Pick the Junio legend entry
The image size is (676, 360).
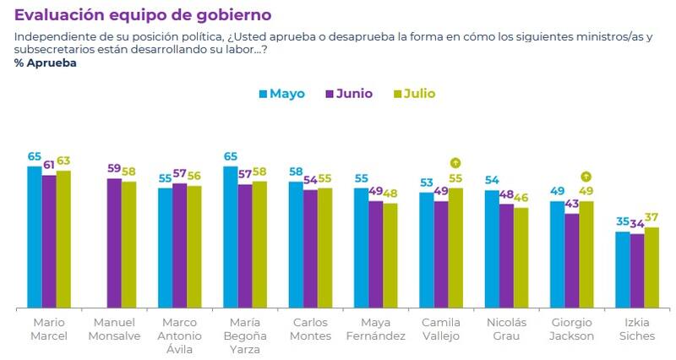[x=349, y=94]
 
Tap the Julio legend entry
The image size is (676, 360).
[x=414, y=94]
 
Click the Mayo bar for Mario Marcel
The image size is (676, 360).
[x=35, y=237]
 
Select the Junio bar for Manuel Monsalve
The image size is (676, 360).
[x=114, y=243]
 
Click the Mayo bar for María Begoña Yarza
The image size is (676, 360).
[x=230, y=237]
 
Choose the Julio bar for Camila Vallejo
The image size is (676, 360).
[x=455, y=248]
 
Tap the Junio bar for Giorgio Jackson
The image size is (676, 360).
[x=572, y=260]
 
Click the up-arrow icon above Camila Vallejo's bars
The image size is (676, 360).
[x=455, y=163]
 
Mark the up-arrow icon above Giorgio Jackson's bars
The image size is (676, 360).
[x=586, y=177]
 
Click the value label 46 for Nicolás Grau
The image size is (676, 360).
[x=521, y=198]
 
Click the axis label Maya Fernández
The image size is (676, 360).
[x=374, y=329]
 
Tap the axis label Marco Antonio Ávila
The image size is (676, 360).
[x=179, y=335]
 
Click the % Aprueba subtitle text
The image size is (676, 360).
[x=46, y=63]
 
